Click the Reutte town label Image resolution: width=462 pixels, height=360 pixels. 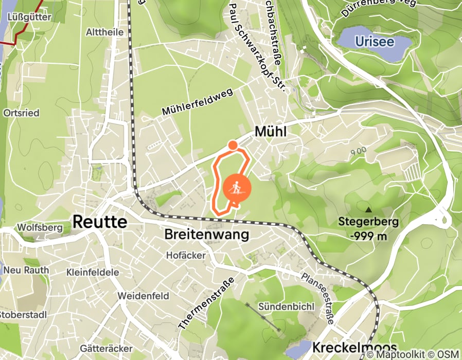(100, 222)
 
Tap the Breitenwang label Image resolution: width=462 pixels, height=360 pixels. (206, 235)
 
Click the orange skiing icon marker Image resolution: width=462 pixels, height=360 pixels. (236, 188)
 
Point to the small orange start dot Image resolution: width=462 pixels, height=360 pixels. (233, 145)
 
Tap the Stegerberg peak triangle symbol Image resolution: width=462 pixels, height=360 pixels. (368, 210)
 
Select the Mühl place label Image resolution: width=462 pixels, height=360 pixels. (270, 132)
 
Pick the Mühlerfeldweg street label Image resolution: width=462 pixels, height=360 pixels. (197, 101)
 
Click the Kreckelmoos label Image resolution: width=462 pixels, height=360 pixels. (354, 347)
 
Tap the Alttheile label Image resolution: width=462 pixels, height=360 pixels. (106, 32)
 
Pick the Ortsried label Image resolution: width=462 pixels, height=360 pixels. (21, 113)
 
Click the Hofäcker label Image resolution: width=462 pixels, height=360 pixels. (186, 255)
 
